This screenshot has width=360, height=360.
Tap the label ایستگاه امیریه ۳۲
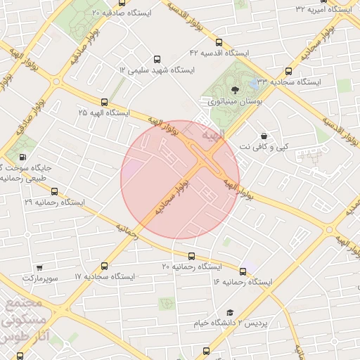point(324,9)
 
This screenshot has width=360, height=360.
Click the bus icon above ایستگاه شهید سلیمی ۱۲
point(156,60)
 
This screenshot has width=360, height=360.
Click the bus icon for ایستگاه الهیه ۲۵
point(105,102)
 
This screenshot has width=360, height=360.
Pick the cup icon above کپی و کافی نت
point(264,136)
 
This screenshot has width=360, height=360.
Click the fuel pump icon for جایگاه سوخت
point(22,157)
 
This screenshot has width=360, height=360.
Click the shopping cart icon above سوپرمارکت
point(39,267)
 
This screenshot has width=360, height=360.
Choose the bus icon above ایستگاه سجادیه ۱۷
point(105,266)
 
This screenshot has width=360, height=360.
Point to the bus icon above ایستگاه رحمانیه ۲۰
point(191,256)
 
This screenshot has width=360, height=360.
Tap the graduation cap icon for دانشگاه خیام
point(229,311)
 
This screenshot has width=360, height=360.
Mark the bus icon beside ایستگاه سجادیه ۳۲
point(288,71)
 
